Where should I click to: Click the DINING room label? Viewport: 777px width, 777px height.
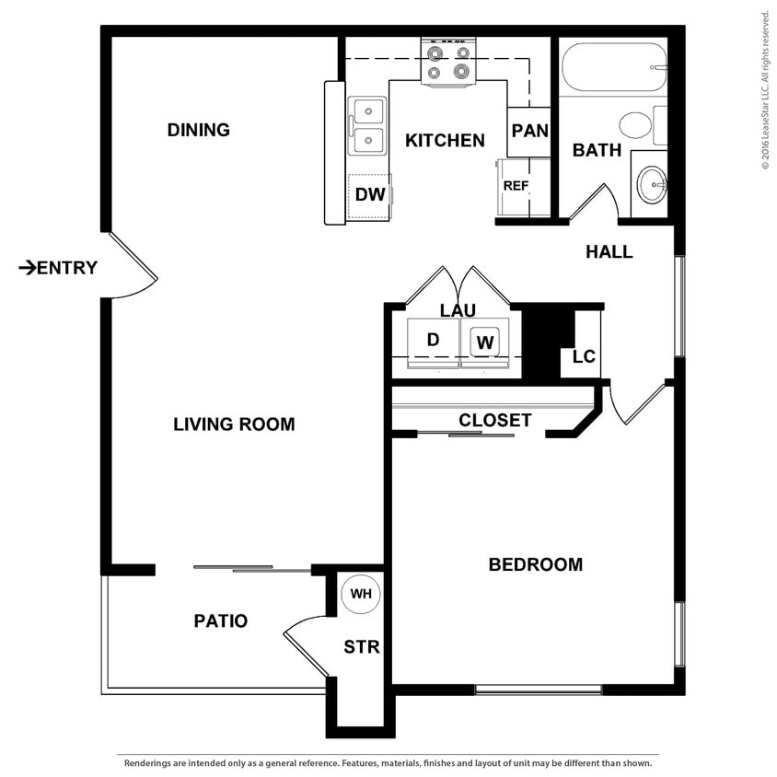198,130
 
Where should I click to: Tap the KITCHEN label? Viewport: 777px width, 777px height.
445,141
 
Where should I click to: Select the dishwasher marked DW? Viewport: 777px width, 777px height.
369,195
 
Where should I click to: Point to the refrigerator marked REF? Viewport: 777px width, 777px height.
515,186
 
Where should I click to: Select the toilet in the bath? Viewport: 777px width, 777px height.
636,124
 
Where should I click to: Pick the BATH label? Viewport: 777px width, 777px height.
597,150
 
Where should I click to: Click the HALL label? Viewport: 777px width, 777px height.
609,251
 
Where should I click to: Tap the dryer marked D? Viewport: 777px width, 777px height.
433,340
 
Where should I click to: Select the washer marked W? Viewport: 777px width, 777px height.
485,342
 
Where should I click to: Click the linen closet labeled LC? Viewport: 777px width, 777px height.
584,356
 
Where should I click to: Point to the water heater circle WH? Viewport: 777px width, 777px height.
360,594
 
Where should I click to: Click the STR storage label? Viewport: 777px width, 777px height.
361,647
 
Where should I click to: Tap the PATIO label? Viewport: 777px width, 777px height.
220,621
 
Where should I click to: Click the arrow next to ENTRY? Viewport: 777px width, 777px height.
27,268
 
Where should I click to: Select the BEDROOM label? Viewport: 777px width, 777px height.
535,564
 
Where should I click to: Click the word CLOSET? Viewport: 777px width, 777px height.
495,421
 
